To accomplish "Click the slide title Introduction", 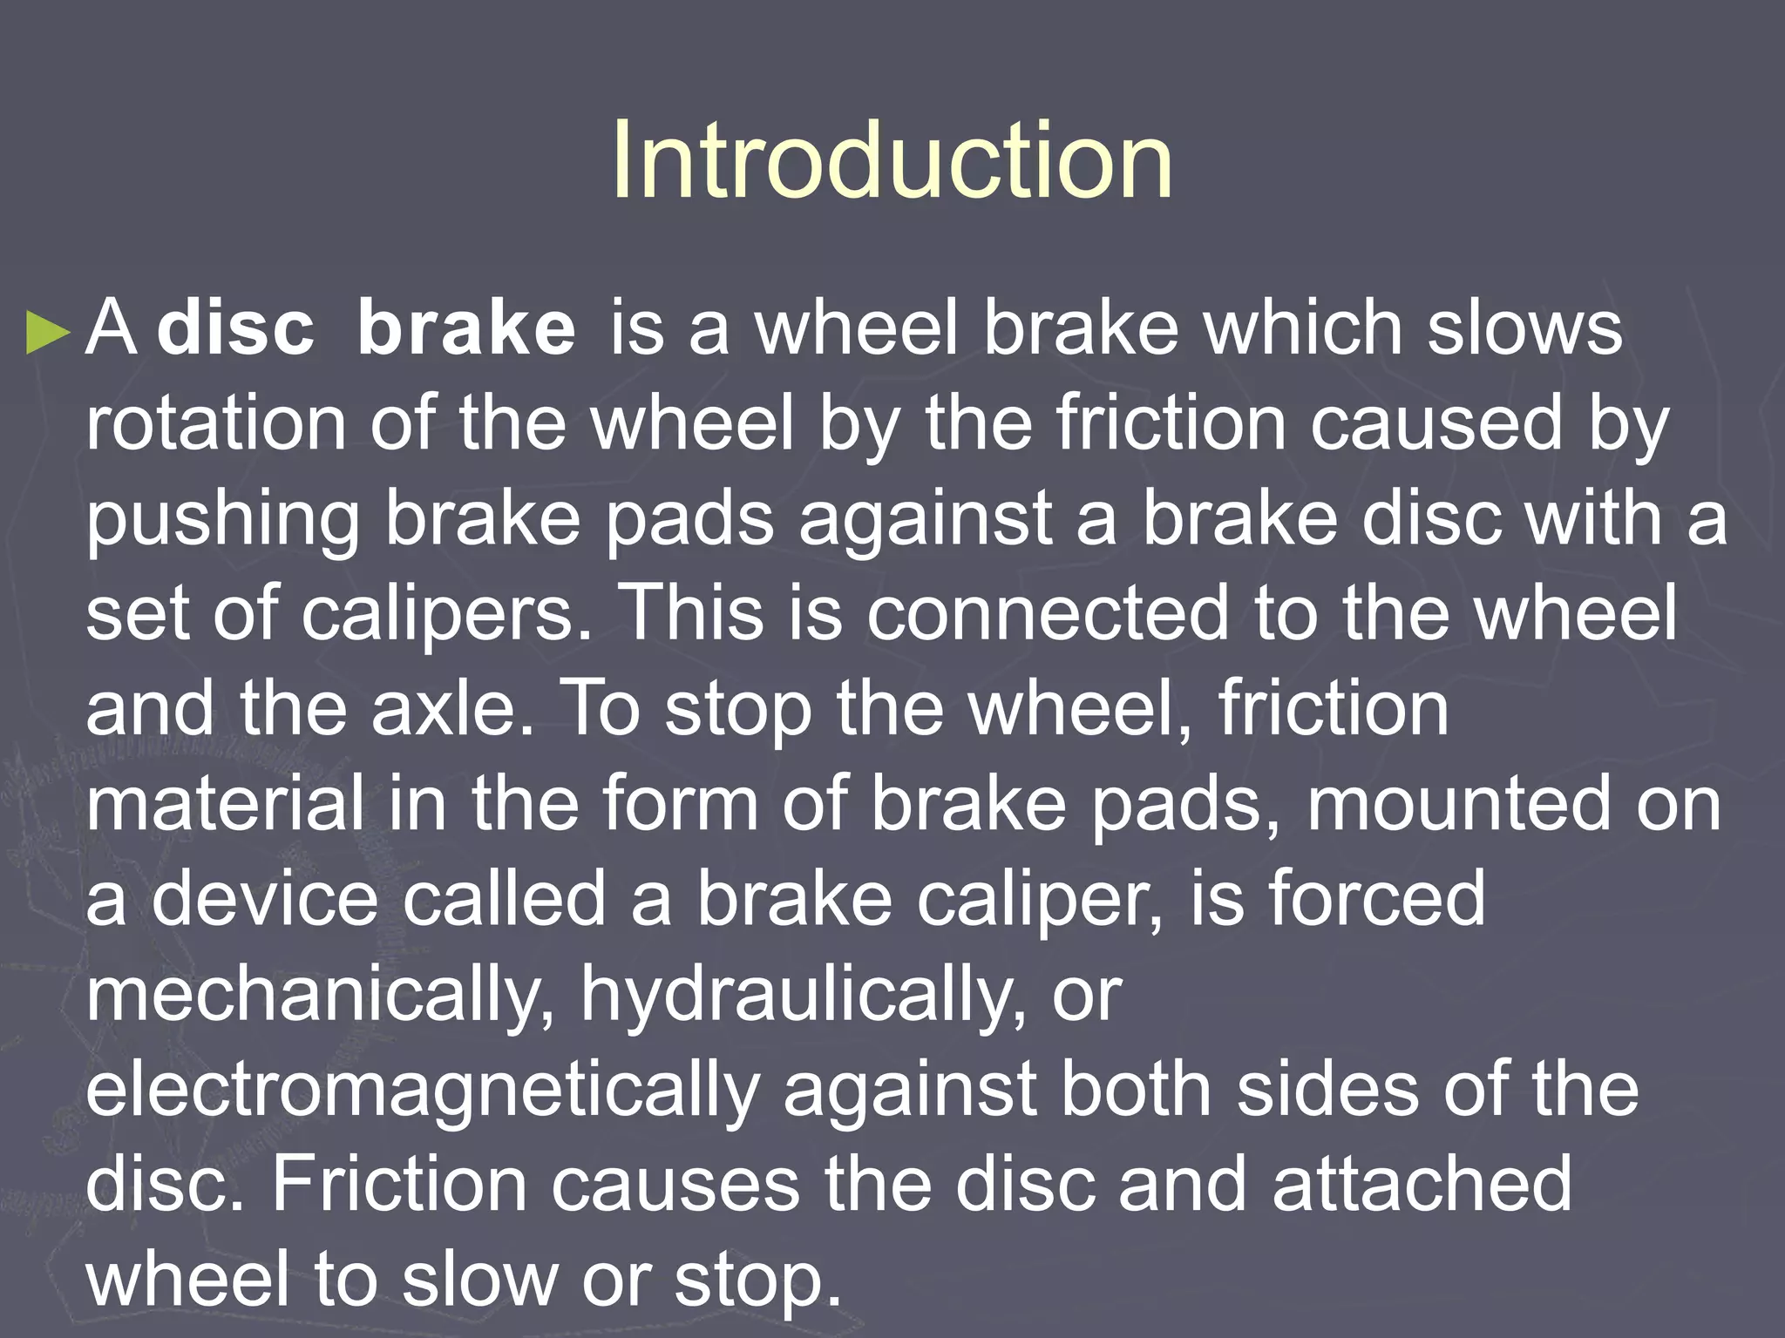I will click(892, 160).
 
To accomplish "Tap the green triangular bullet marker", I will click(48, 332).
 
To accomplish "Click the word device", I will click(265, 898).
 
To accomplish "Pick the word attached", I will click(1422, 1184).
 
